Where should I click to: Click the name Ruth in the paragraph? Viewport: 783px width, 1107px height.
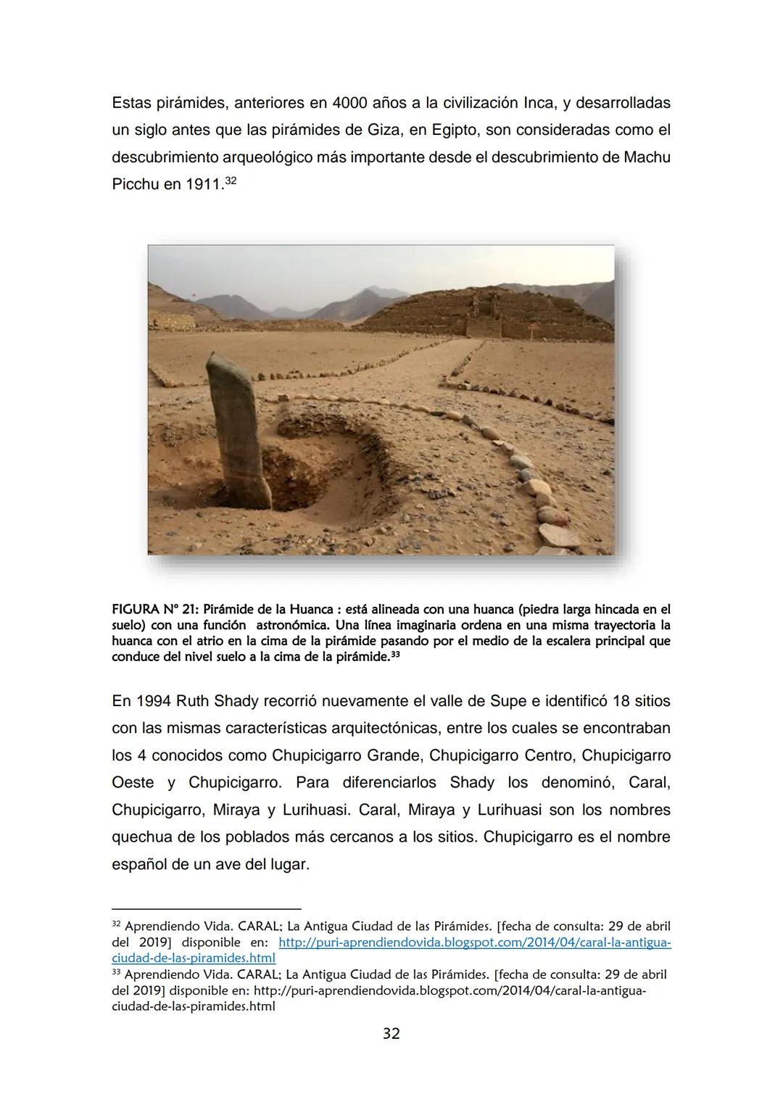(x=190, y=701)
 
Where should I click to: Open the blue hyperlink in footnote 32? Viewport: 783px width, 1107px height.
(x=474, y=942)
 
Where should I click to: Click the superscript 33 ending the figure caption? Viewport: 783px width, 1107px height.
(x=395, y=655)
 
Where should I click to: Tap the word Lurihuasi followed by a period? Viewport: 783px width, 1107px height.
(x=310, y=810)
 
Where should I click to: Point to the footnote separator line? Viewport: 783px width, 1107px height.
(x=206, y=908)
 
